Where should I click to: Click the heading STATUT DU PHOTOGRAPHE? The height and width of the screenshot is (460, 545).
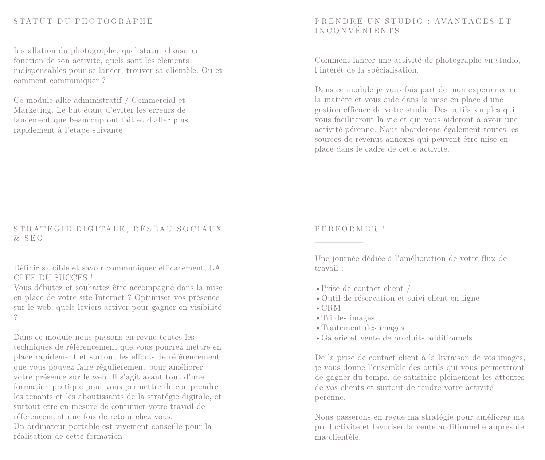point(83,21)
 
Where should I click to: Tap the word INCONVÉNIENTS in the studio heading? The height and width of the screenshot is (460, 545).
point(357,31)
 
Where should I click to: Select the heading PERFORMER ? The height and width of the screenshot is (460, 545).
point(350,229)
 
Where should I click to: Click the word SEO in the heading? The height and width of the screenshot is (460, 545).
point(34,238)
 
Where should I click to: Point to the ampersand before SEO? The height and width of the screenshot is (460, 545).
point(17,238)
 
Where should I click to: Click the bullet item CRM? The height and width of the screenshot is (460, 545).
point(331,308)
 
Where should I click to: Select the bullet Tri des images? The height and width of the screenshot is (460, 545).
point(348,318)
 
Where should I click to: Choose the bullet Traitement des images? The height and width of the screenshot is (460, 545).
point(362,328)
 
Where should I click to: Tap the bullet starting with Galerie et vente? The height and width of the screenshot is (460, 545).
point(396,338)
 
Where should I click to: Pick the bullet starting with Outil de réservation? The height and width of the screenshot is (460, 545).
point(400,298)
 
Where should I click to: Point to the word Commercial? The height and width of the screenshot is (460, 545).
point(153,100)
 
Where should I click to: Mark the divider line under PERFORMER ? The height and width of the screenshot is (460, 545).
point(339,242)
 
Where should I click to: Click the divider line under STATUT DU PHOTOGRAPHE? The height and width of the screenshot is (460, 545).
point(38,35)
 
